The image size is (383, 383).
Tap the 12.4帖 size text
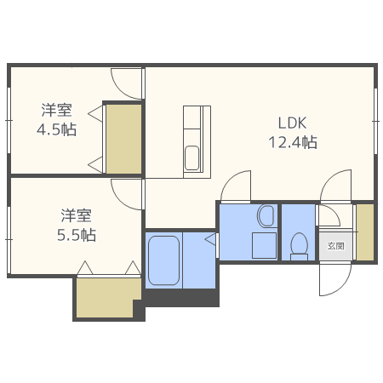[x=293, y=142]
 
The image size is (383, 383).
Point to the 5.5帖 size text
[x=77, y=235]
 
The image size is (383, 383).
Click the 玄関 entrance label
[x=335, y=246]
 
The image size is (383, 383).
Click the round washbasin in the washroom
[x=266, y=216]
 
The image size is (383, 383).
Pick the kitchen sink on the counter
[x=192, y=158]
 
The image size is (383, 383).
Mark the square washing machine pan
[x=266, y=244]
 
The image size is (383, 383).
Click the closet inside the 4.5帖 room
[x=124, y=139]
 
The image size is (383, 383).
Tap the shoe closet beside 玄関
[x=364, y=232]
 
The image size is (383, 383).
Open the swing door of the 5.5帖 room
[x=127, y=192]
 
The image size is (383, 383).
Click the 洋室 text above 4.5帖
[x=57, y=111]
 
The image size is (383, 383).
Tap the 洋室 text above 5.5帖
[x=77, y=215]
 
